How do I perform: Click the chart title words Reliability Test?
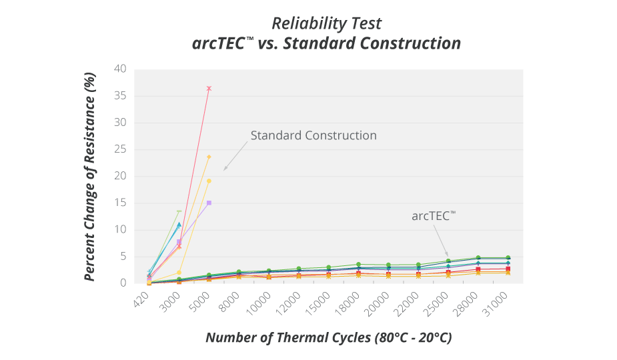click(326, 23)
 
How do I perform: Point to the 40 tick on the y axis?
click(120, 69)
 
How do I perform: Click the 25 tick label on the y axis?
click(120, 149)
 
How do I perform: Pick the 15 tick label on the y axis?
click(120, 203)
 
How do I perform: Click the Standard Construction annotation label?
click(314, 135)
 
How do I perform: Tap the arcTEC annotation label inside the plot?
click(434, 215)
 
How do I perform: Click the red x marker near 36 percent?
click(209, 88)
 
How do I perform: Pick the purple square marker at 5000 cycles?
click(209, 203)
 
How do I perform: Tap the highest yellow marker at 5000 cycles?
click(209, 157)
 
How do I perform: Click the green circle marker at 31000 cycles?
click(508, 258)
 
